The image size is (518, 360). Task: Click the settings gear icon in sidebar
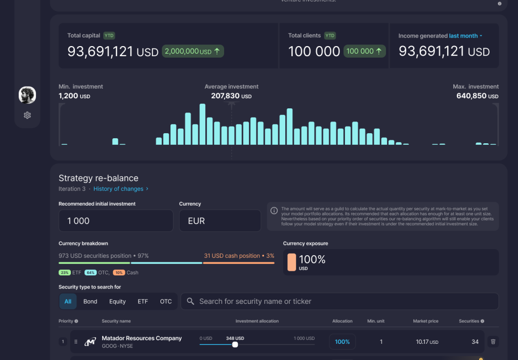[x=27, y=115]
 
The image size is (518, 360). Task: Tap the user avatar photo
[x=27, y=95]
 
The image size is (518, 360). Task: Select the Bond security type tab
[x=90, y=301]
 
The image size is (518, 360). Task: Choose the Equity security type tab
[x=117, y=301]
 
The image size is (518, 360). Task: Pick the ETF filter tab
[x=143, y=301]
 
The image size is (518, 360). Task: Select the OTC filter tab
[x=166, y=301]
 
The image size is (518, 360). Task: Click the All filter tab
[x=68, y=301]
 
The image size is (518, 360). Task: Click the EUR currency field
[x=220, y=221]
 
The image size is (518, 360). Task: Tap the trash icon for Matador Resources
[x=493, y=342]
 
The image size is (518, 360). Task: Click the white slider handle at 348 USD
[x=235, y=344]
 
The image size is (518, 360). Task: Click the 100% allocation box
[x=342, y=342]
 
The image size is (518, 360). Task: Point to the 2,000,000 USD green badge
[x=193, y=51]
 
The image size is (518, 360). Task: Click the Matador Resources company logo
[x=90, y=342]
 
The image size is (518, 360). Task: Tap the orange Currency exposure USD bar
[x=291, y=262]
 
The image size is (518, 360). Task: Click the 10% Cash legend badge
[x=119, y=272]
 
